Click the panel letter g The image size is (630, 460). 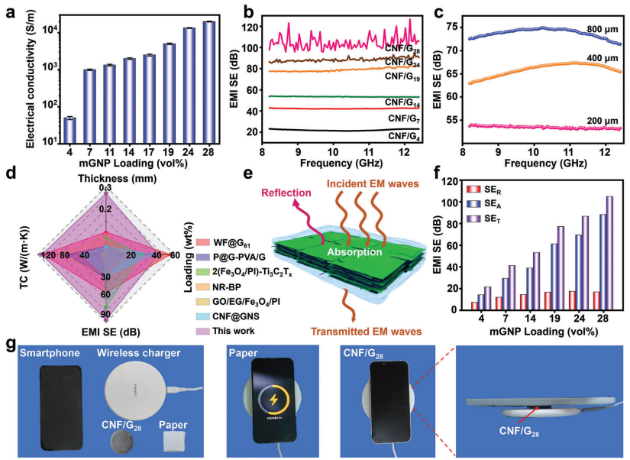[x=10, y=345]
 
